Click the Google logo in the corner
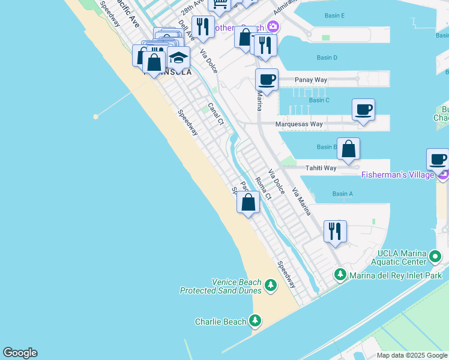[20, 353]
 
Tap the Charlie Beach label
[221, 322]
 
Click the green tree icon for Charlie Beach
[256, 320]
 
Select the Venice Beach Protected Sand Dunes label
[221, 286]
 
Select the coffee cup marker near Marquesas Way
[363, 110]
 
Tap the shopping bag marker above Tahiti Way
[348, 149]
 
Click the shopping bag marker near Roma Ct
[248, 202]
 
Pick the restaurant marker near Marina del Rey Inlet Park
[335, 231]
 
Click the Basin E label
[334, 15]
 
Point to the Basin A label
[343, 194]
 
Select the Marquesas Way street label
[299, 124]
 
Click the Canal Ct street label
[215, 114]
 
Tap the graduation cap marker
[178, 58]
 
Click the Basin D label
[327, 58]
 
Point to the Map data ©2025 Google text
[412, 355]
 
